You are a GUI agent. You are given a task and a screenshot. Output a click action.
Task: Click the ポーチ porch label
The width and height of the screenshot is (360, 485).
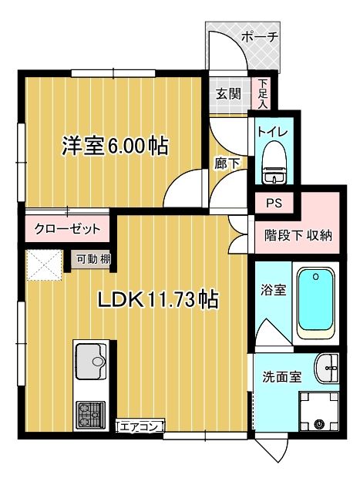pyautogui.click(x=259, y=36)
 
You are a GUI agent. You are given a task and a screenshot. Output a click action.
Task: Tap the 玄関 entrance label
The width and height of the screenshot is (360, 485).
pyautogui.click(x=228, y=94)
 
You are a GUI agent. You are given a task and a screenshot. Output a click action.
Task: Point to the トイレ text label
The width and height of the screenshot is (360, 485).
pyautogui.click(x=272, y=132)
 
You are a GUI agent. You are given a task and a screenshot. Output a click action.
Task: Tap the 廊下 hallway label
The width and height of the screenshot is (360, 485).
pyautogui.click(x=225, y=162)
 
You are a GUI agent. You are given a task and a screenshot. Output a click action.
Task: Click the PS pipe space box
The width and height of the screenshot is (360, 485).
pyautogui.click(x=274, y=204)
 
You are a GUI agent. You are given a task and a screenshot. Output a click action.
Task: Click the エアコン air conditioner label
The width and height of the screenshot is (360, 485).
pyautogui.click(x=140, y=426)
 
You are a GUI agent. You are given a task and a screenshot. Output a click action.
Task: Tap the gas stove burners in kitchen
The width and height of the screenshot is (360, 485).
pyautogui.click(x=91, y=416)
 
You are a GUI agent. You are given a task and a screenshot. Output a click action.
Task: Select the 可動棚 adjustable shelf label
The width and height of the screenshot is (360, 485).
pyautogui.click(x=92, y=259)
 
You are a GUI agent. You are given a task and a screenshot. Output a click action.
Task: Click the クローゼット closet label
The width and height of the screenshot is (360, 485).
pyautogui.click(x=68, y=229)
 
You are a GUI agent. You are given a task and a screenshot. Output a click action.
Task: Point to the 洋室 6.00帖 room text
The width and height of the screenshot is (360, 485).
pyautogui.click(x=116, y=146)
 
